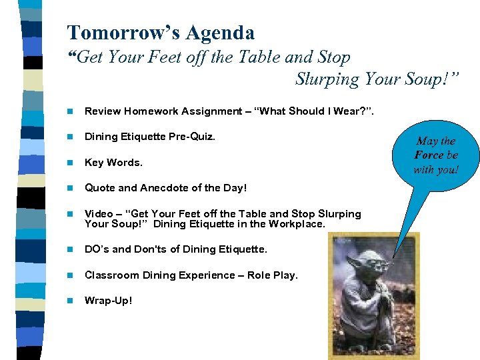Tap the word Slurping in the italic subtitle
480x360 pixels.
(326, 79)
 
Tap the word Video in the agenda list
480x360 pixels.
(99, 214)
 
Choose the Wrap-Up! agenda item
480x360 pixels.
(108, 301)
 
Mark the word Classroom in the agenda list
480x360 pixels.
(111, 275)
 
